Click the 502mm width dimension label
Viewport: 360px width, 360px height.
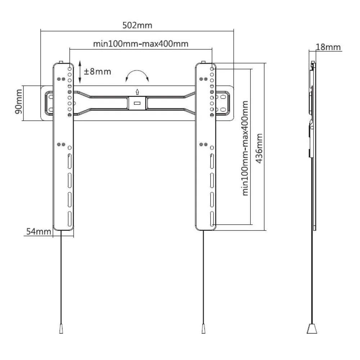click(x=137, y=25)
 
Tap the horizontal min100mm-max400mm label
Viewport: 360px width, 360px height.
click(x=141, y=44)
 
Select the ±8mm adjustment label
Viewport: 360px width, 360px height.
click(x=97, y=72)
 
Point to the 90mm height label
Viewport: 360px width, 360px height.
click(x=19, y=102)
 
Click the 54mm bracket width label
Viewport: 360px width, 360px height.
click(x=39, y=231)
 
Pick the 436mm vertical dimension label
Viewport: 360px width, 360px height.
click(x=259, y=149)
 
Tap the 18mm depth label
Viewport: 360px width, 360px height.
click(x=328, y=47)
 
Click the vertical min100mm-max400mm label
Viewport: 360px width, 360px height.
click(x=246, y=148)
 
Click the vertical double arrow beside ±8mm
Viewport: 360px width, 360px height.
click(x=80, y=72)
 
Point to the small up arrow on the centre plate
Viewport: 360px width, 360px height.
click(x=137, y=92)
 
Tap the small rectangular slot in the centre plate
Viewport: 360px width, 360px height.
click(x=137, y=103)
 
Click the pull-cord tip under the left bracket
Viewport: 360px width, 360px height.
click(x=61, y=329)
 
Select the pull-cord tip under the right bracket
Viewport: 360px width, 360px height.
click(x=203, y=329)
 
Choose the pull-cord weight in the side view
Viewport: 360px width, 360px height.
click(x=312, y=329)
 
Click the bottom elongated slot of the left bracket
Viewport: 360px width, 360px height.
click(x=69, y=219)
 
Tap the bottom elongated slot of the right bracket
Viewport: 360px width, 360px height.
click(x=212, y=219)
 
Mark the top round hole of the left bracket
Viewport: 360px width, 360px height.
click(x=69, y=69)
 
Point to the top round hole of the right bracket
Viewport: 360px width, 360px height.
click(x=212, y=69)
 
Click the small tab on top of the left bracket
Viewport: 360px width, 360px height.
click(x=61, y=62)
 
